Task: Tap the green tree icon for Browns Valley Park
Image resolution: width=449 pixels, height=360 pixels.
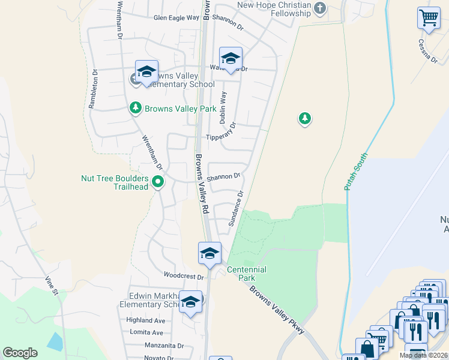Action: click(x=136, y=108)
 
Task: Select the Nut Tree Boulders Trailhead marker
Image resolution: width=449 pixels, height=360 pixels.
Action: click(x=158, y=181)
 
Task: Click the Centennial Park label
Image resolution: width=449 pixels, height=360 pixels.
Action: click(x=246, y=274)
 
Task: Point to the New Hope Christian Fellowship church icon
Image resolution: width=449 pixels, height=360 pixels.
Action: click(x=320, y=8)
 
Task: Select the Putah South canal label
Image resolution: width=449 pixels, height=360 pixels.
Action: click(x=356, y=172)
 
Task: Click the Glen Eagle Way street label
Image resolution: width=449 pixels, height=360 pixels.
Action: click(x=176, y=18)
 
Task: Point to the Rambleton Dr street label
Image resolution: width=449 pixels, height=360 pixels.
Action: click(x=93, y=90)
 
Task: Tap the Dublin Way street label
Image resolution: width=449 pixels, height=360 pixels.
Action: click(x=223, y=107)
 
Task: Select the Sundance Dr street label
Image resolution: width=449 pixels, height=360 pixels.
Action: click(x=235, y=209)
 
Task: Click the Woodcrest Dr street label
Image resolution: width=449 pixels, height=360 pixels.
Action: click(x=184, y=276)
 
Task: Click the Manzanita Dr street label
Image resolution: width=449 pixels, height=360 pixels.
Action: click(x=163, y=346)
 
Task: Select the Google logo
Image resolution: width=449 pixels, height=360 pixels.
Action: click(x=20, y=353)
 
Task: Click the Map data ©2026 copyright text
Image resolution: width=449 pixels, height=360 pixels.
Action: click(x=423, y=356)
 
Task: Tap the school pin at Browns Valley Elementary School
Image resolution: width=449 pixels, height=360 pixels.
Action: click(x=146, y=73)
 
